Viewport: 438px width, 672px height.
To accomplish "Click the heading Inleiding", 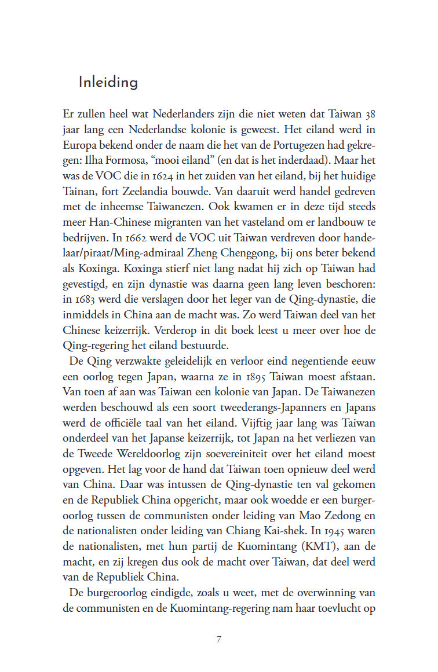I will click(108, 82).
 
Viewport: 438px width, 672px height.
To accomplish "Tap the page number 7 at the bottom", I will click(219, 639).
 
